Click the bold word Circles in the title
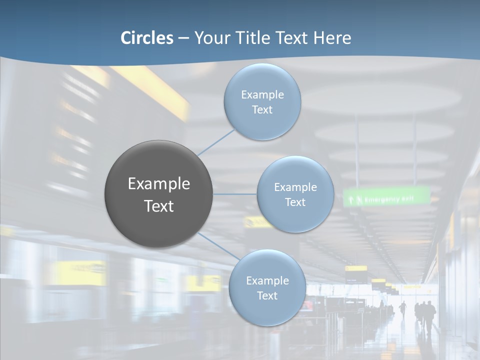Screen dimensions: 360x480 (x=147, y=38)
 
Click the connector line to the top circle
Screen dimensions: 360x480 (x=216, y=142)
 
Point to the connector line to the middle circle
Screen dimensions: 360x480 (x=235, y=194)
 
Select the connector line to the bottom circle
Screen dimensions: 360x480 (x=218, y=246)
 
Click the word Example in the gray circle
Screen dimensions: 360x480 (x=158, y=184)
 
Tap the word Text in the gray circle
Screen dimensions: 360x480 (x=158, y=206)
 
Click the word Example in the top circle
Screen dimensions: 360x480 (x=262, y=95)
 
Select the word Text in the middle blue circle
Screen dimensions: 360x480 (x=295, y=202)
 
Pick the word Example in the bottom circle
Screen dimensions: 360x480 (x=267, y=280)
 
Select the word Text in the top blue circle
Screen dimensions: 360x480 (x=262, y=110)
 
